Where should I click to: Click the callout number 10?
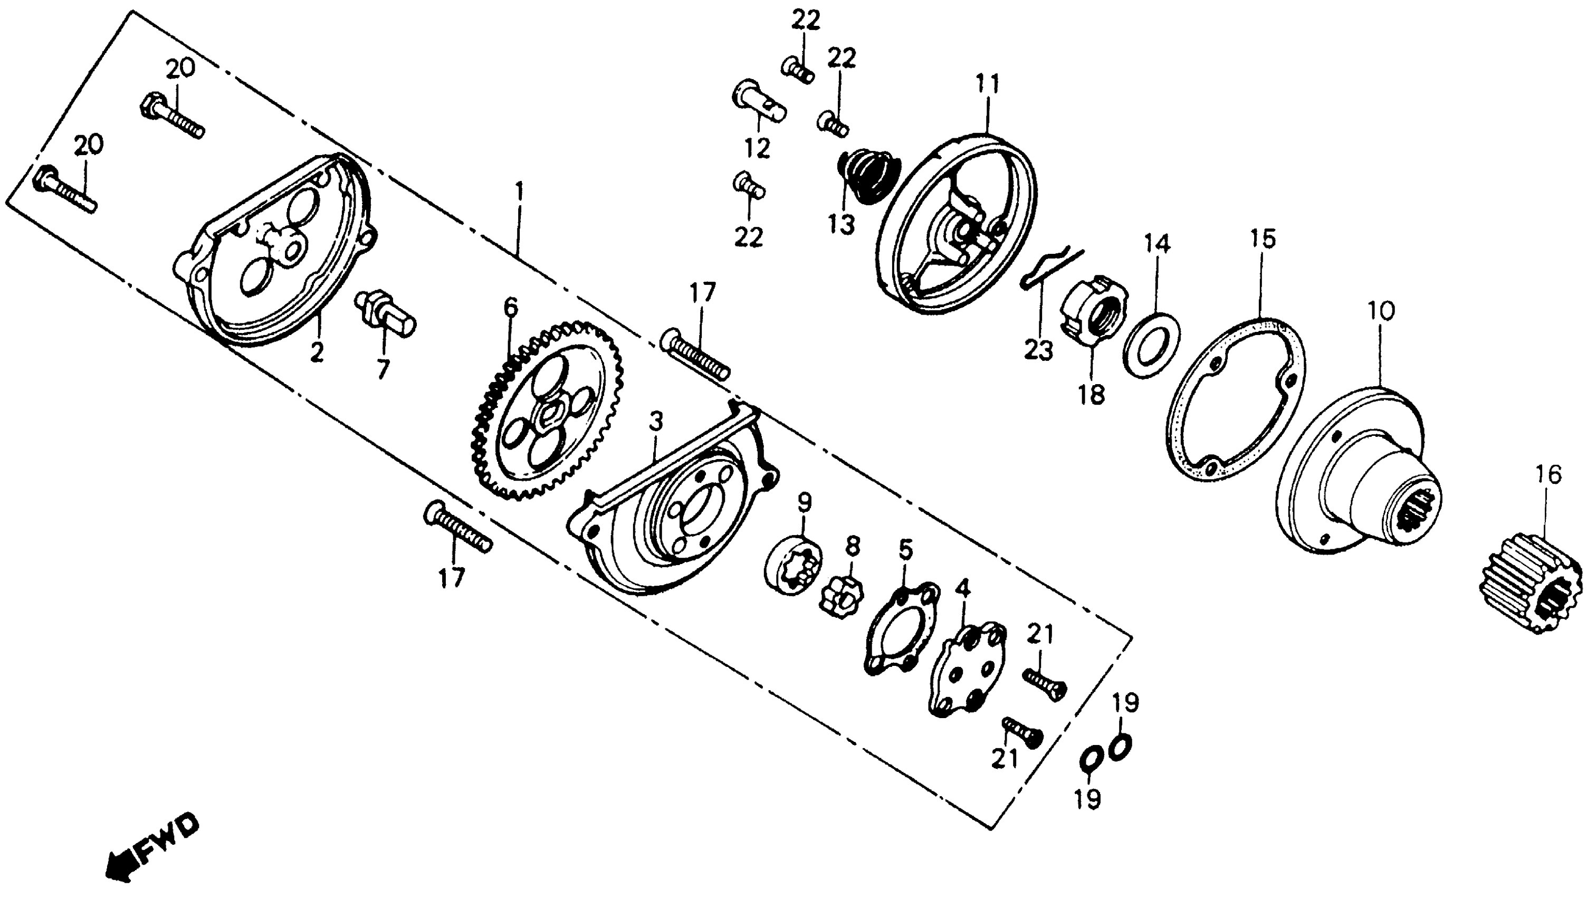tap(1380, 311)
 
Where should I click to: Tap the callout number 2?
tap(317, 353)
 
